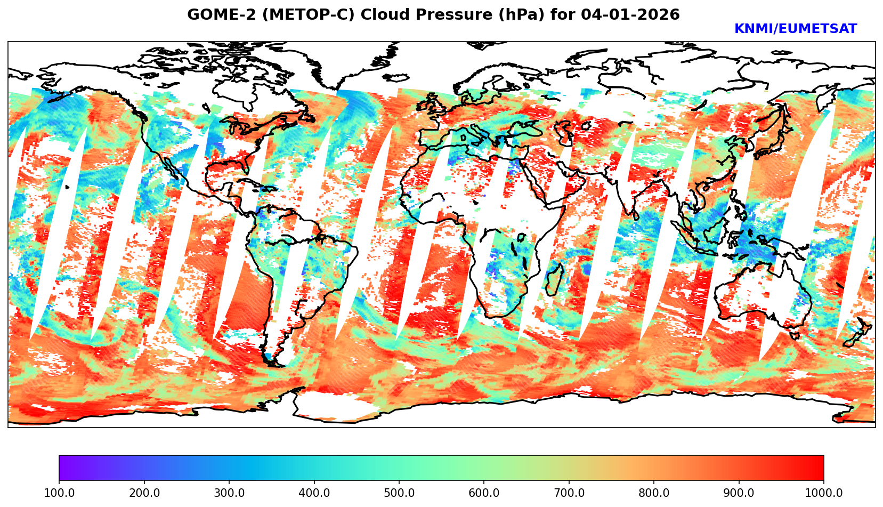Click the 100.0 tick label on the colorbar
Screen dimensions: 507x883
tap(59, 493)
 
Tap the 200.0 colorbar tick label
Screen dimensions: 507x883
tap(144, 493)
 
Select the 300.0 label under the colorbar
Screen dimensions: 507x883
tap(229, 493)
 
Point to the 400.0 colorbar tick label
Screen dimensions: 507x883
tap(314, 493)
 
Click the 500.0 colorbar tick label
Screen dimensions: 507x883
tap(399, 493)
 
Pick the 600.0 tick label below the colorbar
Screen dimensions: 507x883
tap(484, 493)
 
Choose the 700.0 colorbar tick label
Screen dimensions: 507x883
tap(569, 493)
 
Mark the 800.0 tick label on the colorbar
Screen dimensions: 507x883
tap(654, 493)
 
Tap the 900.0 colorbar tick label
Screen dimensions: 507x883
tap(739, 493)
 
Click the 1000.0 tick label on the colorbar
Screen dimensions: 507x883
tap(824, 493)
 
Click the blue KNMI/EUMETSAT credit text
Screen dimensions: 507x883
tap(795, 29)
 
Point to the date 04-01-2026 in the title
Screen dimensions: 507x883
tap(630, 15)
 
